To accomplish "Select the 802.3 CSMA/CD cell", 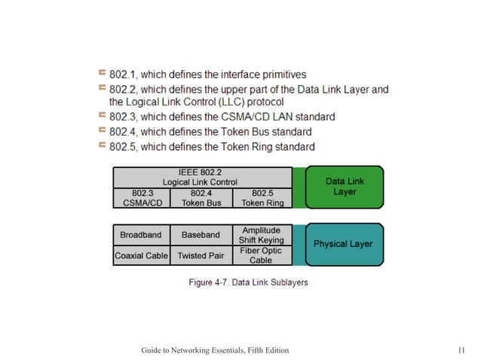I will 141,197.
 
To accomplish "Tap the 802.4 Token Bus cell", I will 201,197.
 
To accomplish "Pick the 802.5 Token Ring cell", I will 262,197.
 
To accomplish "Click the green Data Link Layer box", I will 345,187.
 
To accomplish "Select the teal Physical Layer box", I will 344,244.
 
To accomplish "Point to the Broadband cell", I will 141,235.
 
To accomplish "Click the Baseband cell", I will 201,235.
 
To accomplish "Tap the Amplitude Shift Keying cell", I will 262,235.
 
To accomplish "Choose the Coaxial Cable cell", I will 141,255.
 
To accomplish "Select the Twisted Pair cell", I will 201,255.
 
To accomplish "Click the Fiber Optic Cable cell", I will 262,255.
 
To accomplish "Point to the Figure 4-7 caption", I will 247,282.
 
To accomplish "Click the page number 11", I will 461,351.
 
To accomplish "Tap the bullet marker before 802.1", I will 101,73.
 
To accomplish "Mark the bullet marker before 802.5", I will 101,145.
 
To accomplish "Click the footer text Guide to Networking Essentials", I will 214,351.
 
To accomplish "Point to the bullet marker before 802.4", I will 101,131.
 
